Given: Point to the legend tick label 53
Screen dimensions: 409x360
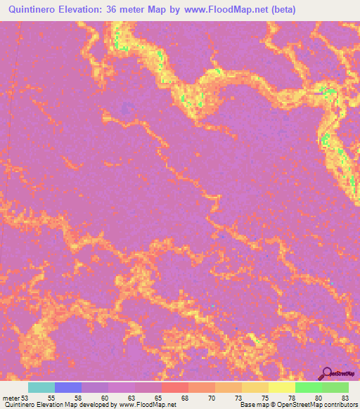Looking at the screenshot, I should [26, 398].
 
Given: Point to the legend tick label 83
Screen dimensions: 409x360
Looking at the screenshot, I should [344, 398].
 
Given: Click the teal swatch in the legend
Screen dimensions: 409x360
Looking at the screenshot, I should [41, 387].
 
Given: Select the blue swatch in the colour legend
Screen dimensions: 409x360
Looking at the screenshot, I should [68, 387].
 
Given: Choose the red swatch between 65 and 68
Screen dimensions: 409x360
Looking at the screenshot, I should [175, 387].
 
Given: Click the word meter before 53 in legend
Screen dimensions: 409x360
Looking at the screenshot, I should [10, 398].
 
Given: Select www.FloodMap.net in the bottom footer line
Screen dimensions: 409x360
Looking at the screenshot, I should [148, 405].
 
